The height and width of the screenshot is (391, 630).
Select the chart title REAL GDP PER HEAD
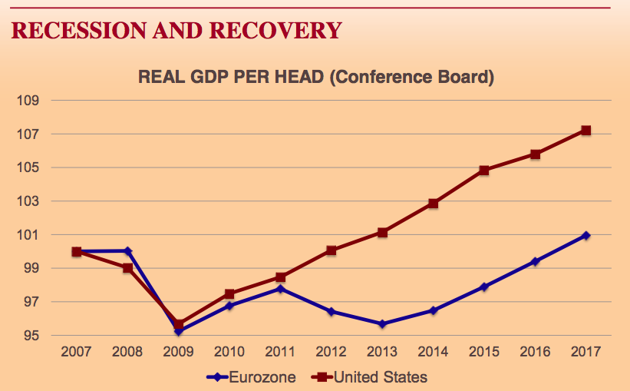[230, 78]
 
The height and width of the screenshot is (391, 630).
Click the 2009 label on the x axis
[178, 352]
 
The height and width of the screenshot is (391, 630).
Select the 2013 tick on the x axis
[382, 352]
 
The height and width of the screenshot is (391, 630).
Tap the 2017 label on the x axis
[585, 352]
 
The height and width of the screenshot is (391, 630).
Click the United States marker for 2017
[585, 131]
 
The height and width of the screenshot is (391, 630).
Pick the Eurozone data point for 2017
[585, 235]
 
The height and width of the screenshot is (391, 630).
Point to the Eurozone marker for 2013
[382, 324]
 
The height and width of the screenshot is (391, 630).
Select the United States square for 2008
[127, 268]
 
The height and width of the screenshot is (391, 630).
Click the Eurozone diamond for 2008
[127, 250]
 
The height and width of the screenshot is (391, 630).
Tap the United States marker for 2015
[483, 171]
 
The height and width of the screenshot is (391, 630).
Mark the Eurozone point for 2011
[280, 289]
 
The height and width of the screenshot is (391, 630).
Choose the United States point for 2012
[331, 250]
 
